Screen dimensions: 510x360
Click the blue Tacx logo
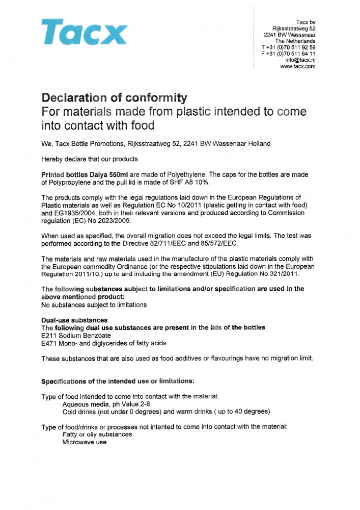coord(84,32)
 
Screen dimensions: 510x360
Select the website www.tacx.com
coord(298,66)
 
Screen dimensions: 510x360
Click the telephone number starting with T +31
coord(288,47)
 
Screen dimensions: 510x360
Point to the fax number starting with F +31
coord(288,54)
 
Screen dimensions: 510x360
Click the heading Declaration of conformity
coord(114,97)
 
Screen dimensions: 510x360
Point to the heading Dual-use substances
coord(74,320)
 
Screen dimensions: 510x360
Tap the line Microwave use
coord(85,442)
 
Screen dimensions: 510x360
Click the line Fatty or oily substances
coord(97,435)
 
